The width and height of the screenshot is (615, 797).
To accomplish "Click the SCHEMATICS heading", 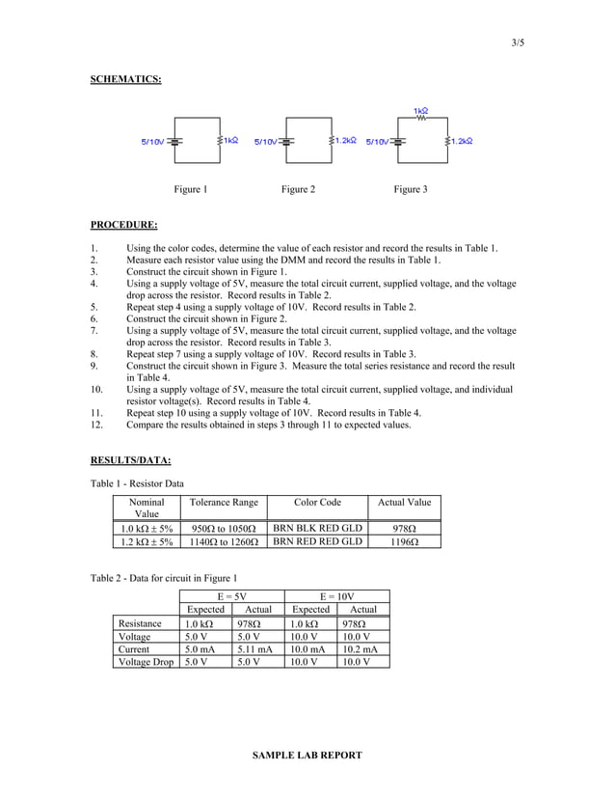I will click(125, 78).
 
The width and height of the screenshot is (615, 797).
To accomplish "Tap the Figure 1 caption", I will click(190, 189).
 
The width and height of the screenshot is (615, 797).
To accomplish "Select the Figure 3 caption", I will click(409, 189).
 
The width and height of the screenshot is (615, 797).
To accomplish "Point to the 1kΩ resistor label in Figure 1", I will click(231, 141).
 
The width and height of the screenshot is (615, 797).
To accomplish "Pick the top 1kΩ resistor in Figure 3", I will click(420, 119).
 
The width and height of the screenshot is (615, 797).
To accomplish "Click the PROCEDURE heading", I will click(123, 225).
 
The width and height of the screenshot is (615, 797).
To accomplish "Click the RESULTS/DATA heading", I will click(130, 458).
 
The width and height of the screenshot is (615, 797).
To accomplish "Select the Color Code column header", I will click(317, 502).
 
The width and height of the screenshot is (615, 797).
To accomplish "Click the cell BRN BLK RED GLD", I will click(317, 529).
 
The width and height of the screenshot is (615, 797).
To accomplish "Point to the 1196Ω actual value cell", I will click(404, 542).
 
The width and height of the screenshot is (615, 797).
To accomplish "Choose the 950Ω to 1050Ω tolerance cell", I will click(223, 529).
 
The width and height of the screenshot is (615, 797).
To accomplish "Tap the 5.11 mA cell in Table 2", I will click(258, 649).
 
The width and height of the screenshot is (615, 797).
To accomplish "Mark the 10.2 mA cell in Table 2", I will click(362, 649).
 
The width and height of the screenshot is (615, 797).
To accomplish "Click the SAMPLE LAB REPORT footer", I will click(307, 756).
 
